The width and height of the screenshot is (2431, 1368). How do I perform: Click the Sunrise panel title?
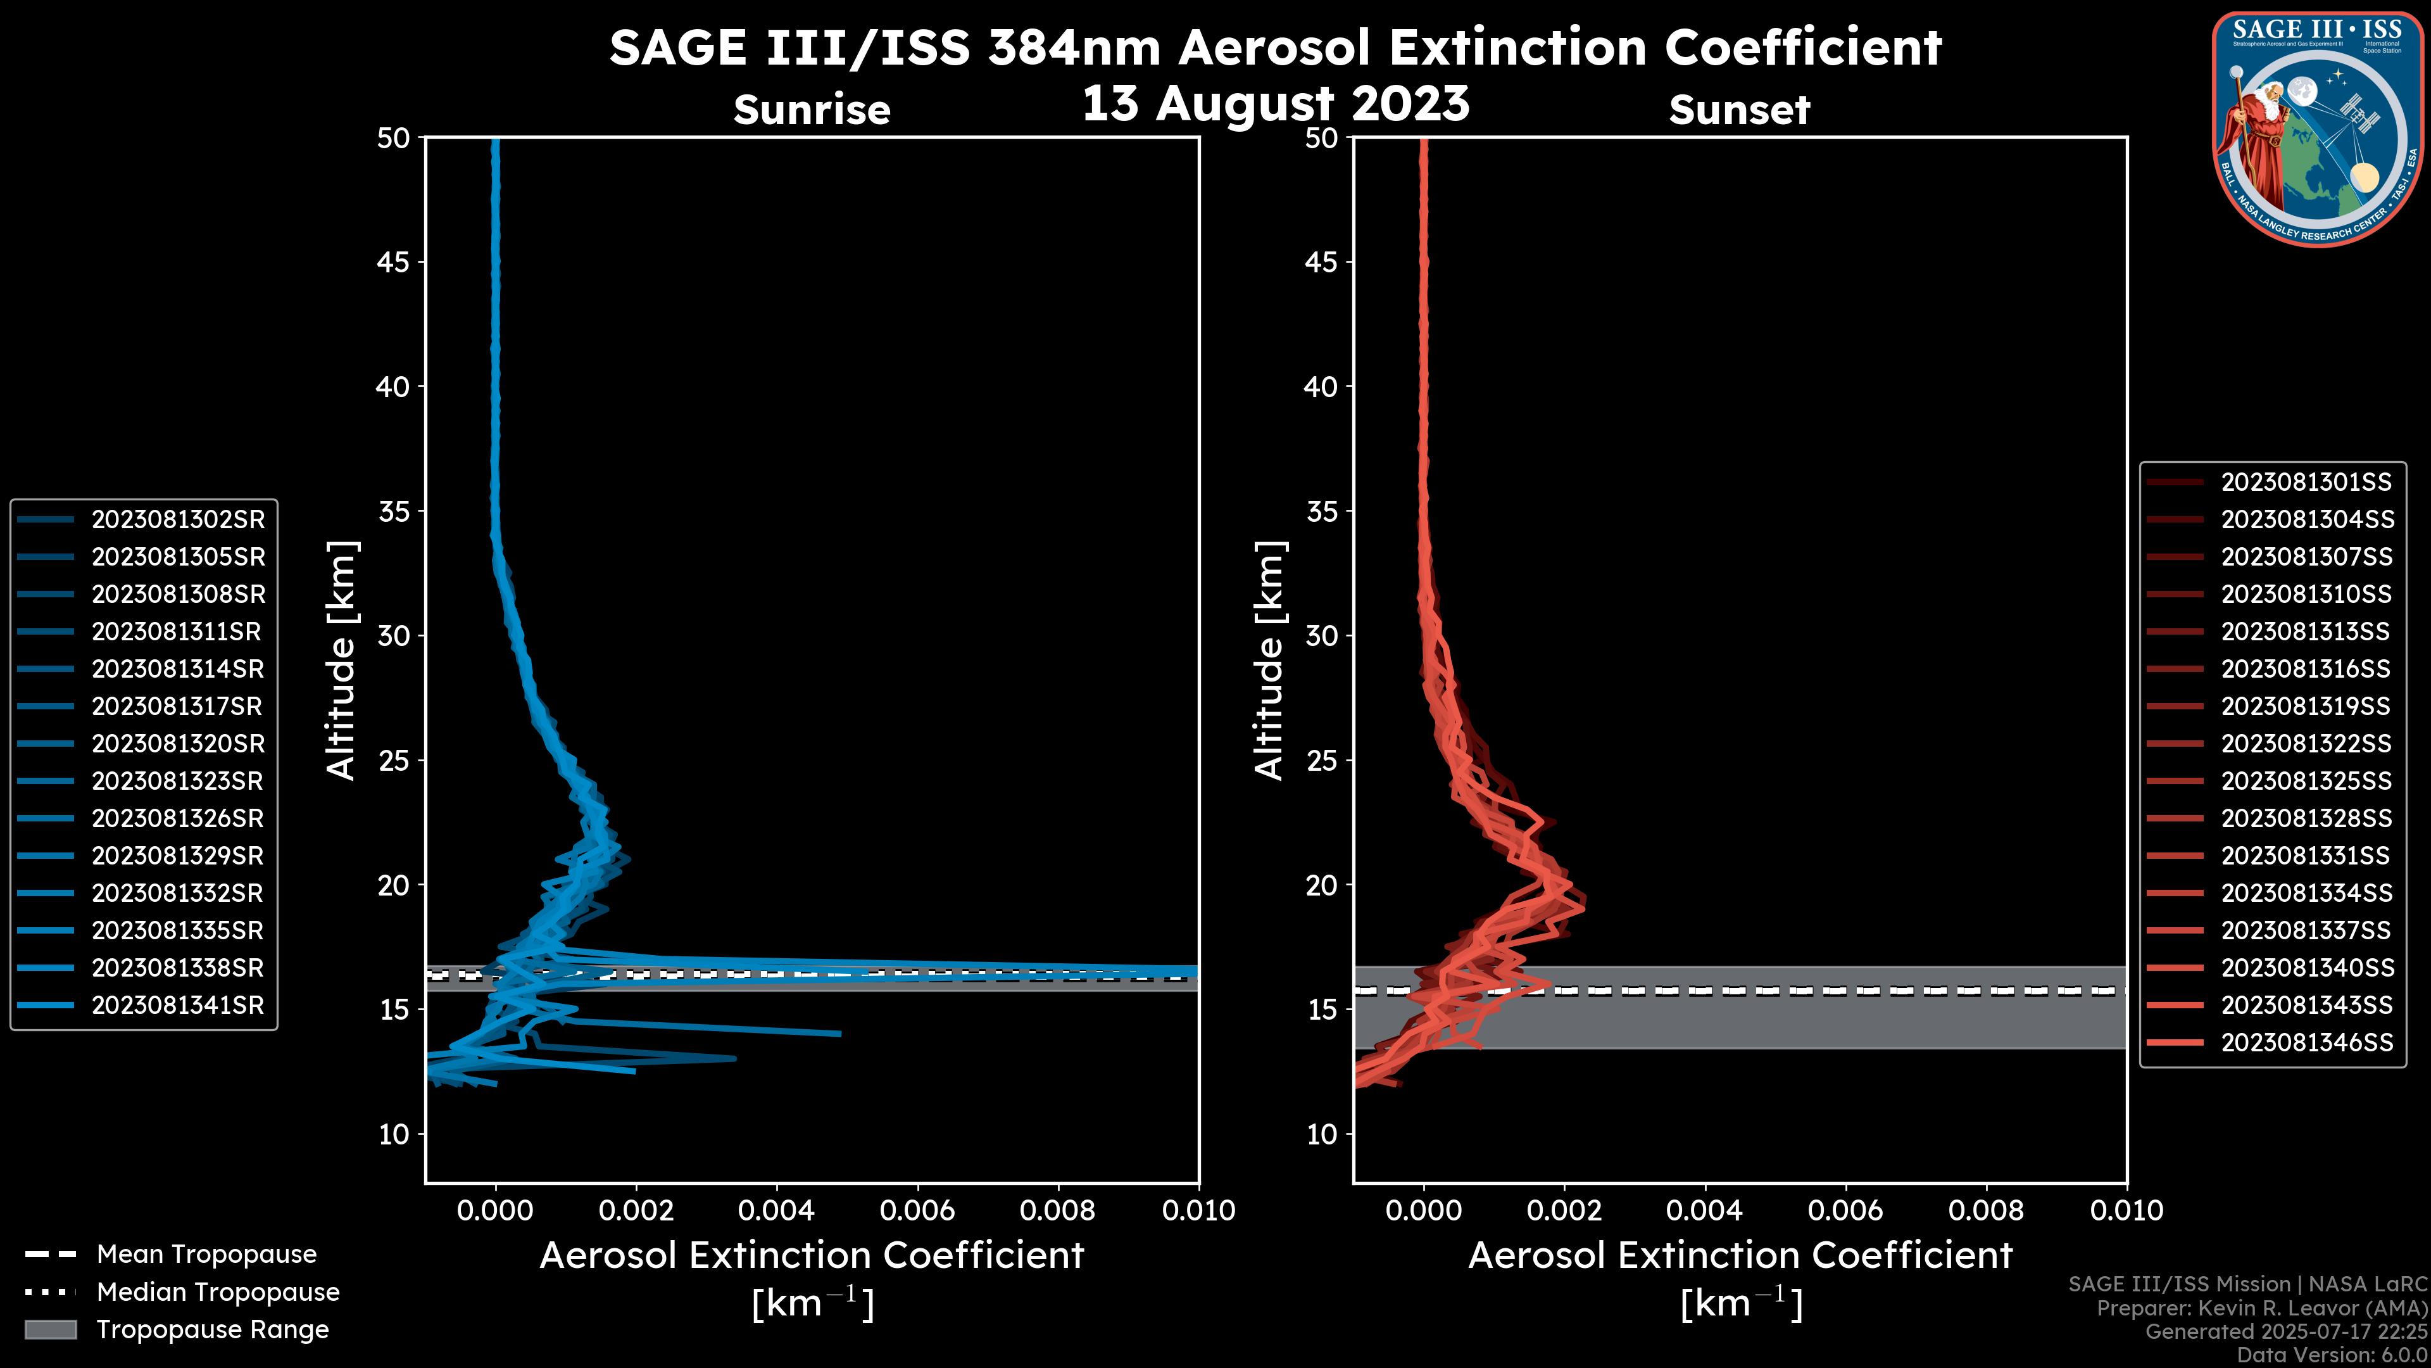pos(812,110)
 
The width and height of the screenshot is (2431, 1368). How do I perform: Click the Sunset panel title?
pos(1739,110)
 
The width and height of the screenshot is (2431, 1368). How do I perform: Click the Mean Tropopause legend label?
pos(206,1255)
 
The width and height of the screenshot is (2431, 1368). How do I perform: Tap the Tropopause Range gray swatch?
pos(50,1329)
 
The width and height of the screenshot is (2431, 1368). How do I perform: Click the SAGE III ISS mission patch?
pos(2317,129)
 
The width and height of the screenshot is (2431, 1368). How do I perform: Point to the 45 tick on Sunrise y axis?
pos(394,262)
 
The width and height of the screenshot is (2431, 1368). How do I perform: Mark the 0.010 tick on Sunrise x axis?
pos(1198,1210)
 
